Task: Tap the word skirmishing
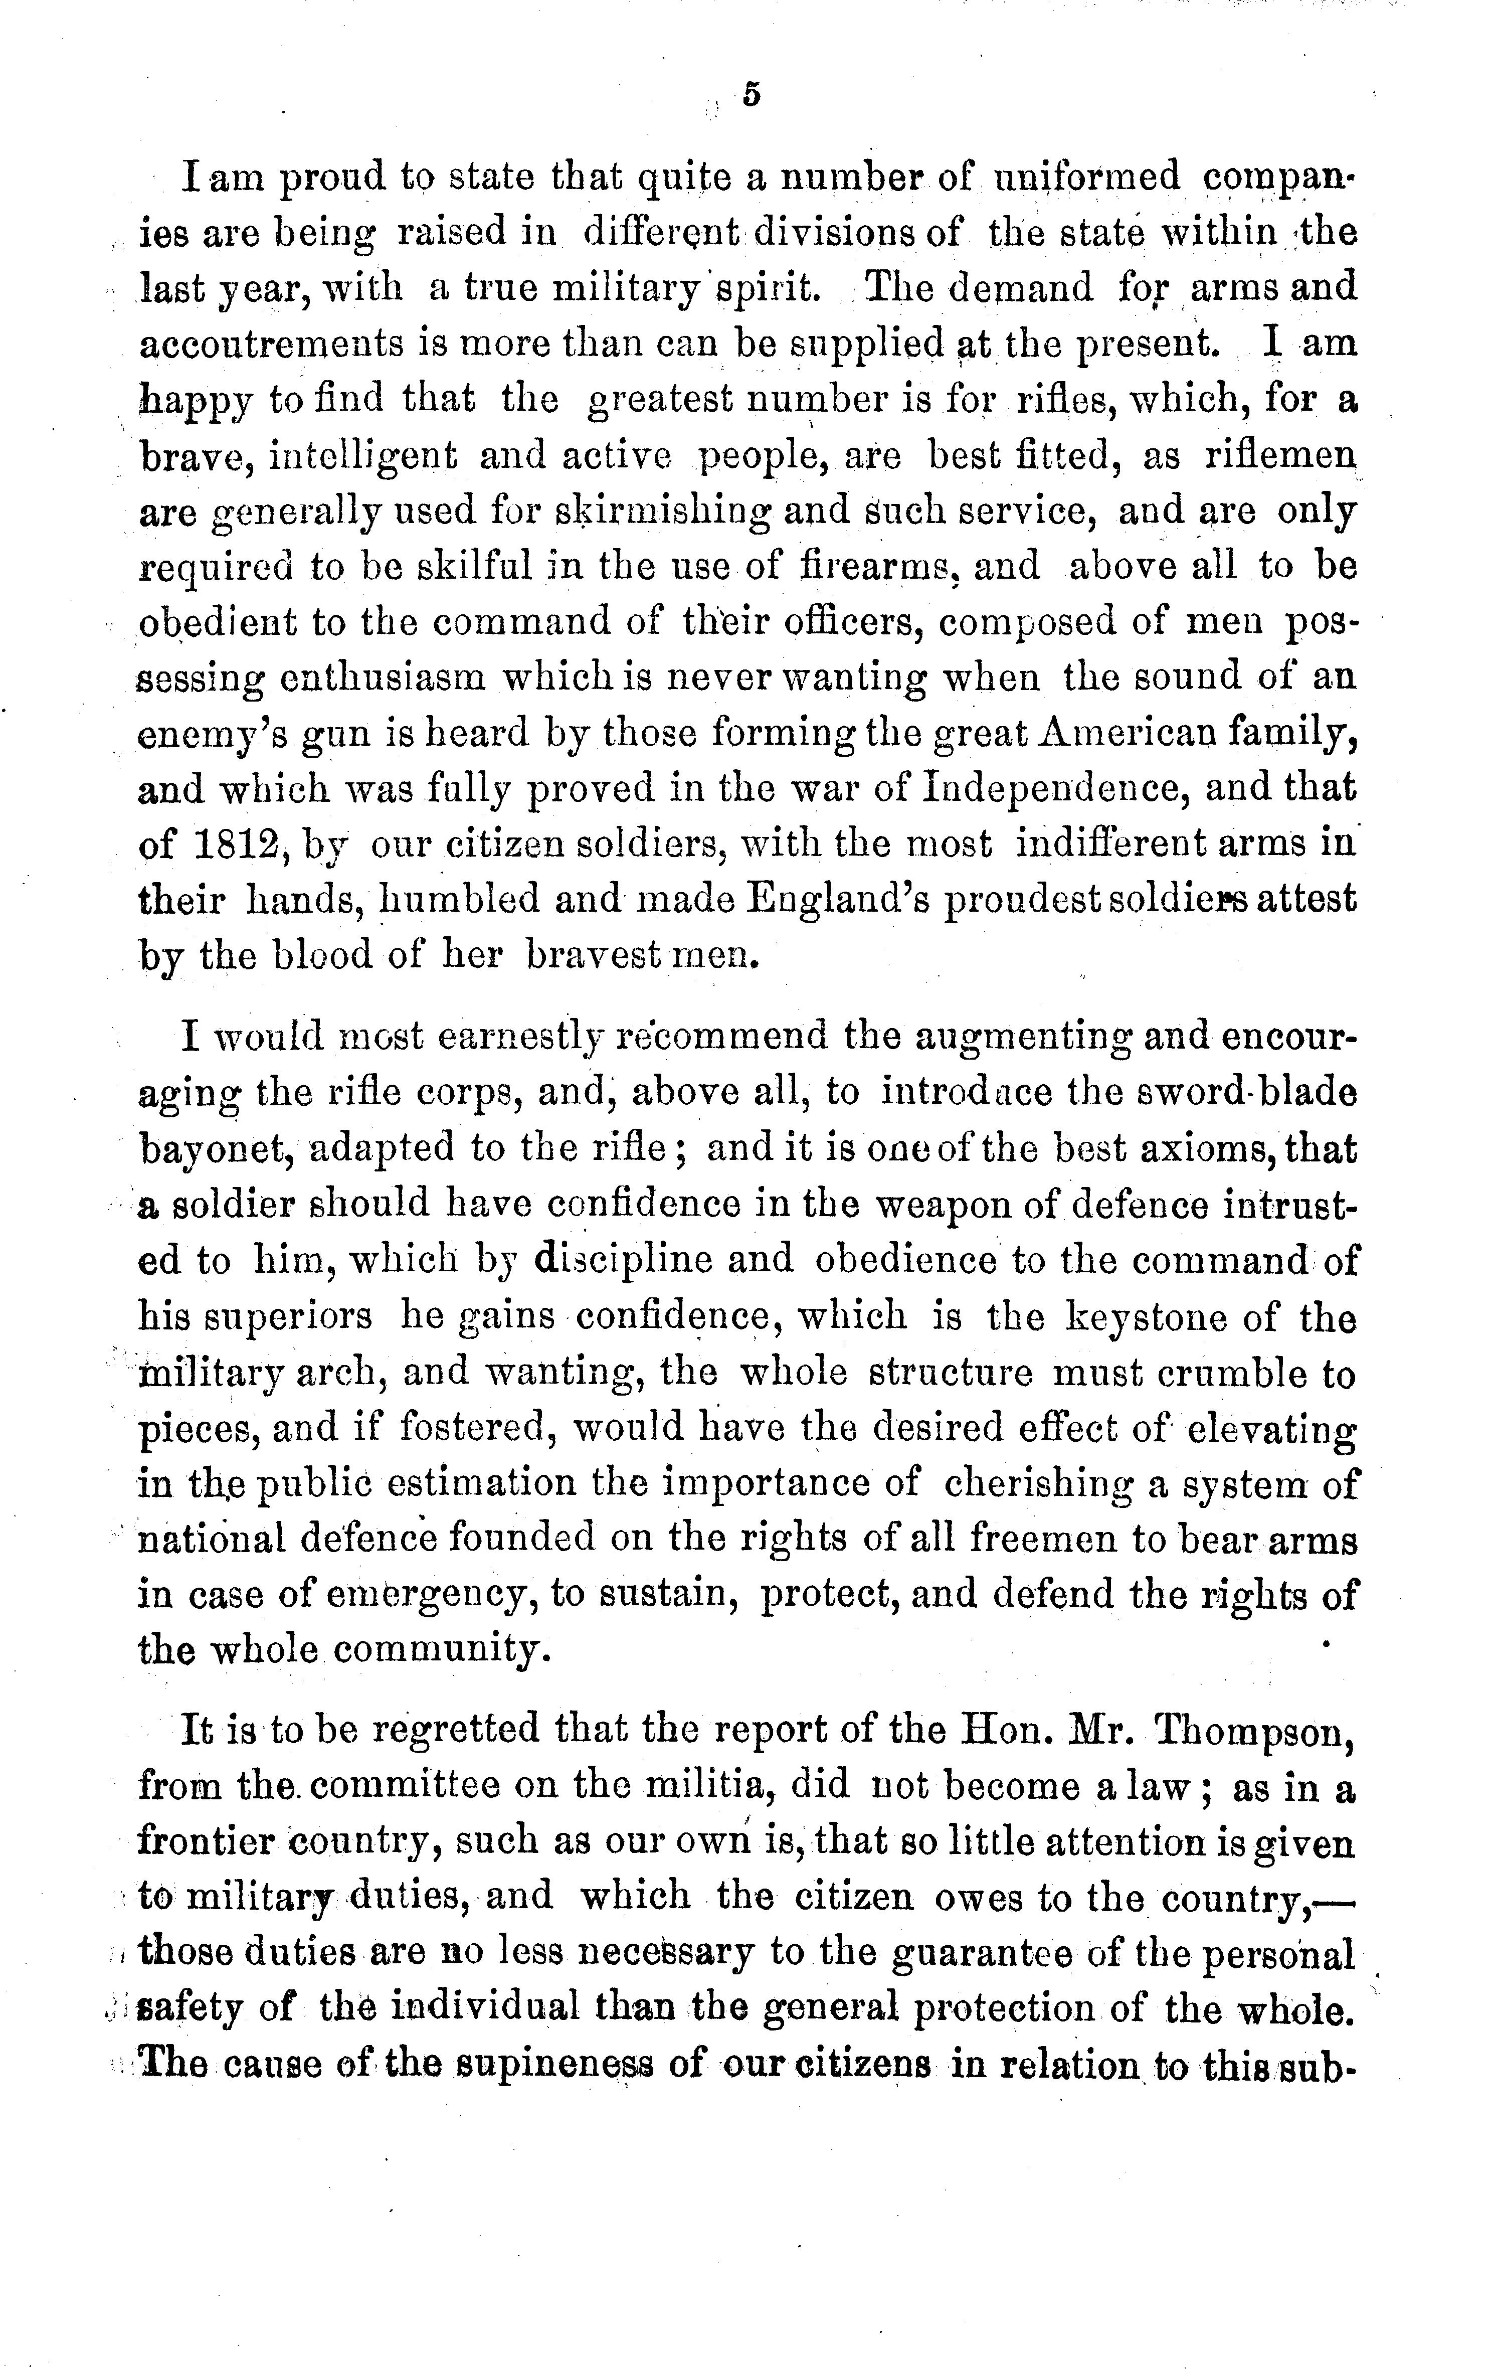(x=662, y=512)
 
